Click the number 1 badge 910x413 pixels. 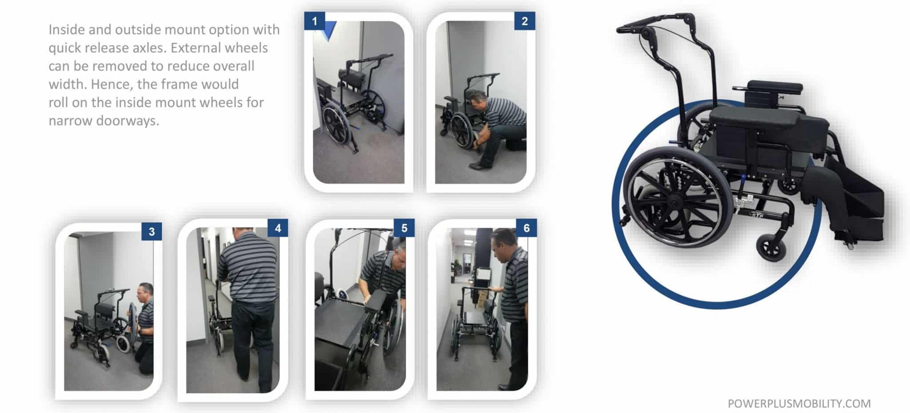click(x=315, y=21)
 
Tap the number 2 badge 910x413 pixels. click(x=524, y=21)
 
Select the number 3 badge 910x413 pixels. click(x=152, y=231)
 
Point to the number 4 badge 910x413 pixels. click(x=278, y=228)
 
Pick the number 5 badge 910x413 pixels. click(x=404, y=228)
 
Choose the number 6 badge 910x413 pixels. click(x=527, y=228)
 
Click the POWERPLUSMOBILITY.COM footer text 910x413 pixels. click(x=799, y=403)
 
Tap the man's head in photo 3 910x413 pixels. click(x=146, y=293)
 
